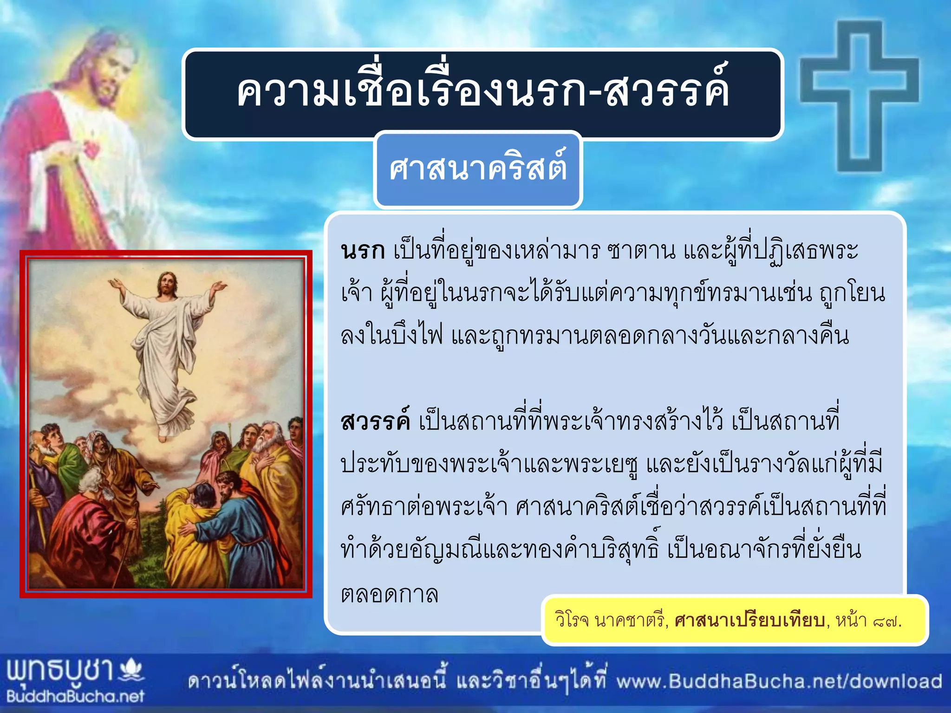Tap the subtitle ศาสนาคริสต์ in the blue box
[x=478, y=168]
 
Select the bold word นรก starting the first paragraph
[x=363, y=251]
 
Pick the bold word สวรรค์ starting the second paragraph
[x=375, y=421]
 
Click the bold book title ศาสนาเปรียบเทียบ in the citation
[x=750, y=621]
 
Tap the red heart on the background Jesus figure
[x=91, y=149]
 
